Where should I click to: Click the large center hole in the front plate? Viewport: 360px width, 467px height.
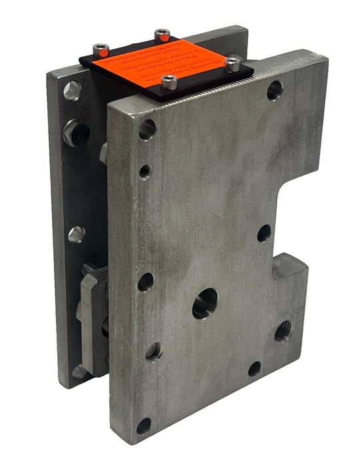(x=205, y=304)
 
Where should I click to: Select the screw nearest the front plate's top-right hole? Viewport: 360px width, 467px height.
(x=233, y=65)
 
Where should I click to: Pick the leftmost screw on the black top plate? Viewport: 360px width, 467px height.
(x=101, y=50)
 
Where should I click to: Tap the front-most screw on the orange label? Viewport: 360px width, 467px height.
(x=169, y=83)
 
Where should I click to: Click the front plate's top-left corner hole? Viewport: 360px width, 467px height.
(x=147, y=129)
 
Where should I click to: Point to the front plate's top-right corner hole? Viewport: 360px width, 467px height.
(x=275, y=90)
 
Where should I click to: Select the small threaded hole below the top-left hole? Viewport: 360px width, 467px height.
(x=145, y=171)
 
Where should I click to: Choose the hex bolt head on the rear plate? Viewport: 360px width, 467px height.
(x=77, y=133)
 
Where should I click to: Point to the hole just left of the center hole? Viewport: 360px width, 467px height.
(x=145, y=282)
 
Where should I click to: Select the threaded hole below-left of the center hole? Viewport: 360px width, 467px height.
(x=154, y=350)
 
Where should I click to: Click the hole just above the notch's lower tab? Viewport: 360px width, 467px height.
(x=264, y=233)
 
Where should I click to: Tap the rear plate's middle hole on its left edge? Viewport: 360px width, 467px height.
(x=76, y=234)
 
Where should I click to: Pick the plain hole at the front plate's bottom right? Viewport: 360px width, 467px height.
(x=255, y=368)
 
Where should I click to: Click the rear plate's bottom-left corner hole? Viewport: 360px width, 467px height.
(x=79, y=371)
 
